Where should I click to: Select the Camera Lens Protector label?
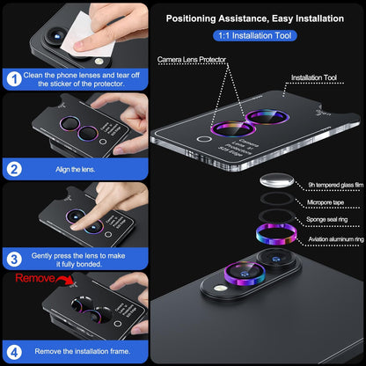click(x=191, y=59)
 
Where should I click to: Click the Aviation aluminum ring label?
click(x=328, y=238)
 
